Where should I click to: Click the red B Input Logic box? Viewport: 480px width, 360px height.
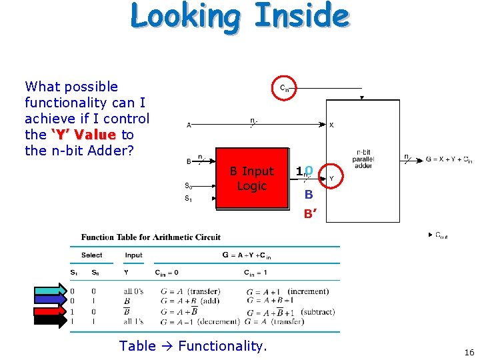251,179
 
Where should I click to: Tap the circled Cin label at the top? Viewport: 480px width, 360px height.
285,88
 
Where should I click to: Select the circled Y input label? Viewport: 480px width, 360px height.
331,178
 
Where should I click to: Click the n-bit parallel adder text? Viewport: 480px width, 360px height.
363,159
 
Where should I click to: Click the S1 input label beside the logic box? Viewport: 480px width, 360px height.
189,199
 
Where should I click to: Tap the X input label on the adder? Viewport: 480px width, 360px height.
331,125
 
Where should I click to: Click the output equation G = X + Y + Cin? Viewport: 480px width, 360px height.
449,159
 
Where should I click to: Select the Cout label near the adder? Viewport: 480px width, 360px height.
441,235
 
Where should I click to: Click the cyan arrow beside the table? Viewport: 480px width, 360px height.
51,289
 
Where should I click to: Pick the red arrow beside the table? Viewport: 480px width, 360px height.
51,311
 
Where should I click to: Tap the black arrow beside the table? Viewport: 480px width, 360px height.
51,321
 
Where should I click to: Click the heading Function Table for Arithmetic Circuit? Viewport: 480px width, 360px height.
151,237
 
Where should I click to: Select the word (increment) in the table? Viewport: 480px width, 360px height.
308,291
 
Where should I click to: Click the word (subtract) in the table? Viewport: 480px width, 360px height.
317,312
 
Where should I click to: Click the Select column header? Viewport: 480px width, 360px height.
91,255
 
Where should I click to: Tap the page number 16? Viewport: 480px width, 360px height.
469,353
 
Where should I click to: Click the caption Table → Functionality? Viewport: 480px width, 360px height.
193,345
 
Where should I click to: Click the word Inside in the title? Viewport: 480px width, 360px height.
302,16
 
